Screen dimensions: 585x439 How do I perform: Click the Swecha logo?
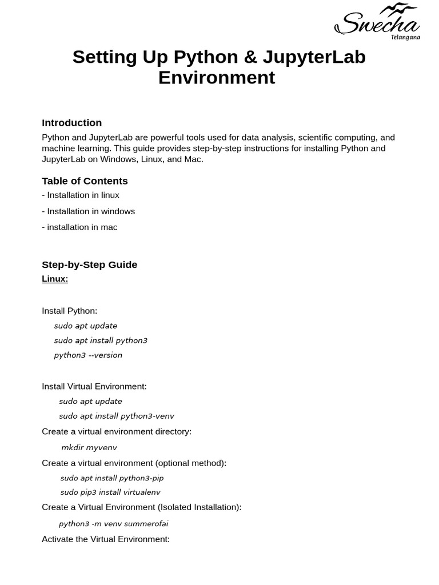click(377, 21)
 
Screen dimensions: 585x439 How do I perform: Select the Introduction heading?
click(71, 123)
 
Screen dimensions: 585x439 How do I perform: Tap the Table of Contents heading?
click(85, 181)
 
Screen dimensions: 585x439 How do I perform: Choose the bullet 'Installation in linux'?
click(81, 195)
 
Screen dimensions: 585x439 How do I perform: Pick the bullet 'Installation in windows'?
click(89, 211)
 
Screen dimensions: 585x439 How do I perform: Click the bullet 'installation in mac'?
click(79, 227)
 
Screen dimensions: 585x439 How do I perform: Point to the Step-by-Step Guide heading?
click(89, 265)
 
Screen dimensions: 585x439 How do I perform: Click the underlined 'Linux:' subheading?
click(55, 279)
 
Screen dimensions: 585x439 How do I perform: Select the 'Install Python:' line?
click(69, 311)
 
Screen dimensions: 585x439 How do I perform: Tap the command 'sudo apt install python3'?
click(101, 340)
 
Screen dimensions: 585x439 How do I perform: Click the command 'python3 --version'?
click(88, 355)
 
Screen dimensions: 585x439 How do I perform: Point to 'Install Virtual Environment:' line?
click(94, 386)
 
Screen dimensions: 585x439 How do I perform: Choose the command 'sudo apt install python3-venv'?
click(117, 416)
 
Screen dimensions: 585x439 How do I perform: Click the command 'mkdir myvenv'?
click(89, 447)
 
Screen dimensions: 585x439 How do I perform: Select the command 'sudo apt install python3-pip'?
click(112, 478)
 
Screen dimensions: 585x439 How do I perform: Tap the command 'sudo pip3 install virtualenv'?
click(110, 492)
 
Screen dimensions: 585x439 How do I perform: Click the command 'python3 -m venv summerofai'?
click(113, 523)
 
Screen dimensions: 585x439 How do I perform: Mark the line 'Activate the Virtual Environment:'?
click(106, 539)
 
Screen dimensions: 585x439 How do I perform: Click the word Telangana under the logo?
click(405, 37)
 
